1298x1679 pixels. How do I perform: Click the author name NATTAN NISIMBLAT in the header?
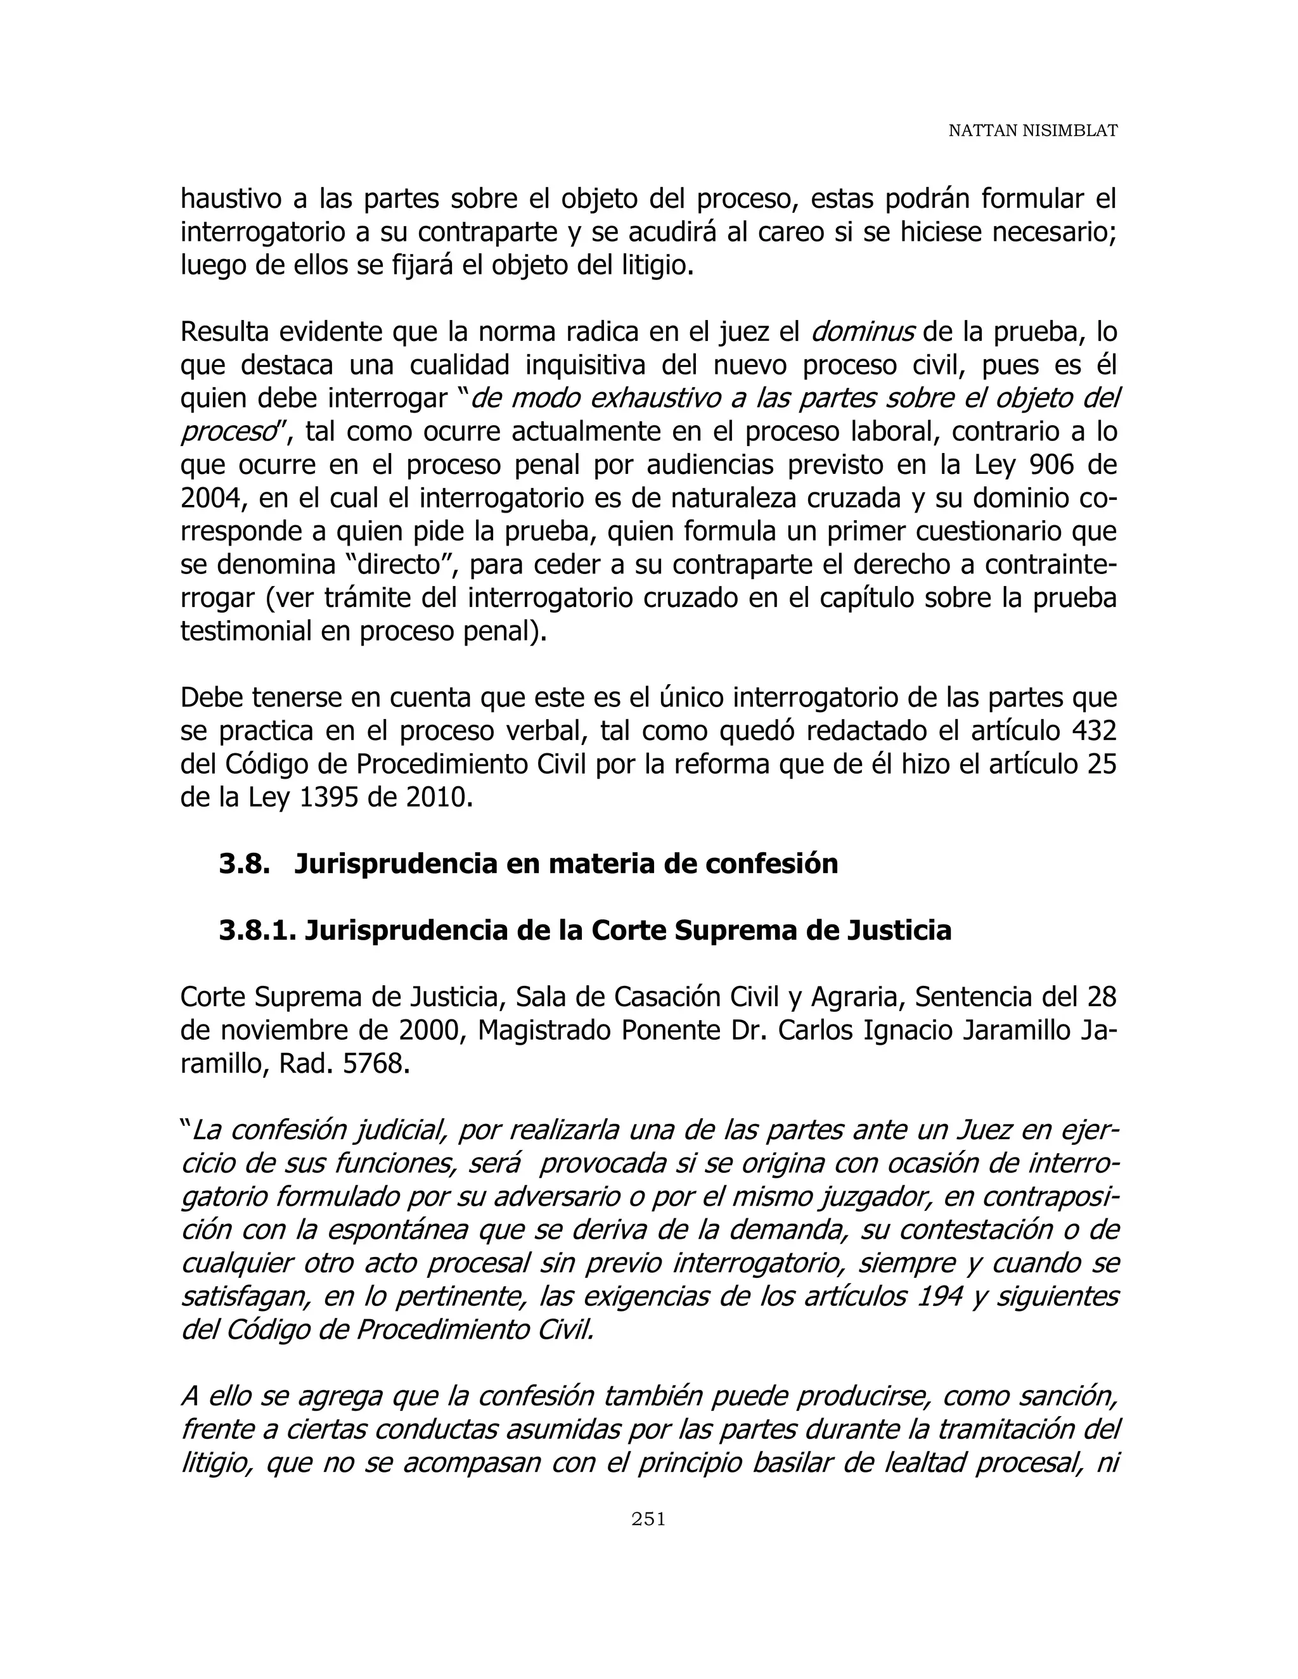point(1032,131)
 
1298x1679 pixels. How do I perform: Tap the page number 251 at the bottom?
point(648,1518)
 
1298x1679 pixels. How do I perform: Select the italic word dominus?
point(863,332)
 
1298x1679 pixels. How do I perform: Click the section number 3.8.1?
point(257,930)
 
